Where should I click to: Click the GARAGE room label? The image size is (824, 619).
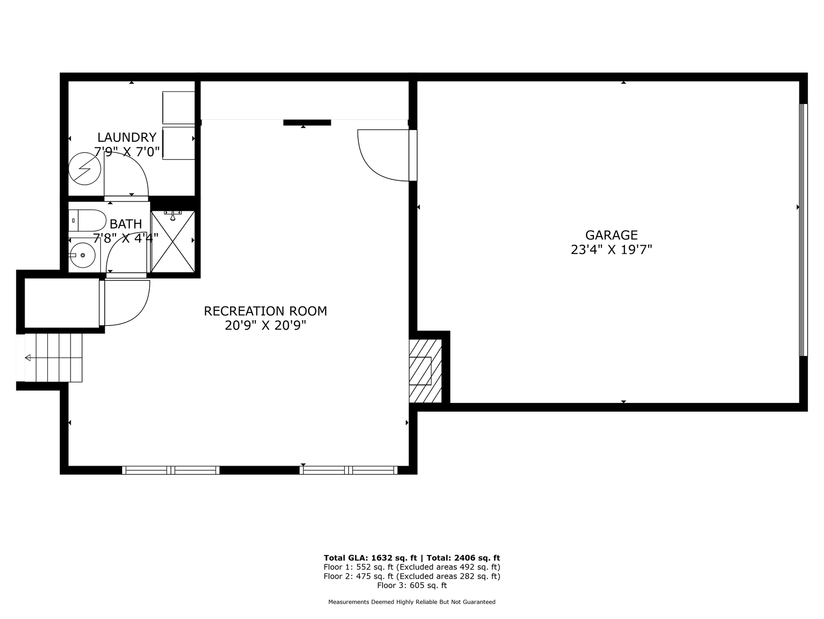click(x=611, y=235)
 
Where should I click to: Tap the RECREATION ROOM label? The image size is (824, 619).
click(x=265, y=311)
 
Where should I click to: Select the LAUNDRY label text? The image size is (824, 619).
click(x=127, y=137)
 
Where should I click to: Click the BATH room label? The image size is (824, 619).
click(x=126, y=224)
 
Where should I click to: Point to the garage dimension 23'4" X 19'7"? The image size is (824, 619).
click(x=611, y=250)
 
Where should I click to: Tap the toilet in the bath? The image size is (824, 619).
click(x=87, y=221)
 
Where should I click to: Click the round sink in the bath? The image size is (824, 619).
click(x=82, y=254)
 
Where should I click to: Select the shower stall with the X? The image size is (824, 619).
click(x=173, y=241)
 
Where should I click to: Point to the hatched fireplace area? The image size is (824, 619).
click(x=425, y=370)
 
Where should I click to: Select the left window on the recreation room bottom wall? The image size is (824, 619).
click(x=170, y=470)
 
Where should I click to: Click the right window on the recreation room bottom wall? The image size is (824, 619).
click(x=348, y=470)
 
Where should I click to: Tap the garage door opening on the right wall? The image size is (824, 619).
click(x=803, y=230)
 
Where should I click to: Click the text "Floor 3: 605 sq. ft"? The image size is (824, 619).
click(x=412, y=586)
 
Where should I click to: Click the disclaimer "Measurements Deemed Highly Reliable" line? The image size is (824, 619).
click(x=412, y=602)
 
